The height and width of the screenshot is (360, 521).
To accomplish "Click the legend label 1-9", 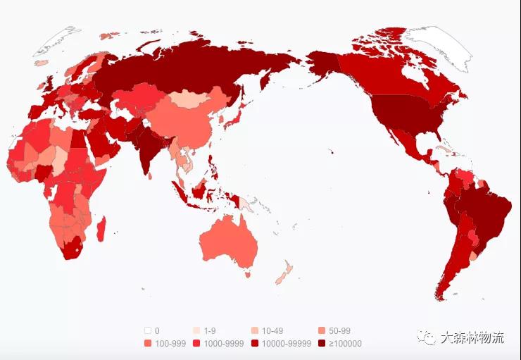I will click(211, 330).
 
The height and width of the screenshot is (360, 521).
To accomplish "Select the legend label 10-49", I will click(272, 330).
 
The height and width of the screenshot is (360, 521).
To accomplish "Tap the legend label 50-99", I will click(339, 330).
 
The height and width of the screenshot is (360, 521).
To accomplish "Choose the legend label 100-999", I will click(169, 344).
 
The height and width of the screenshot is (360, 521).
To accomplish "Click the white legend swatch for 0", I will click(148, 330).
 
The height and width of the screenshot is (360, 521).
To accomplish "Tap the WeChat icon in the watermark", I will click(427, 337).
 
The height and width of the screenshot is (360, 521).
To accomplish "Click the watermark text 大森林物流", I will click(472, 337).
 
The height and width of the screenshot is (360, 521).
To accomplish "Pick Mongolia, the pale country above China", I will click(189, 99).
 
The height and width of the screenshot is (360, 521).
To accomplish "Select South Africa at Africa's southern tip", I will click(70, 247).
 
